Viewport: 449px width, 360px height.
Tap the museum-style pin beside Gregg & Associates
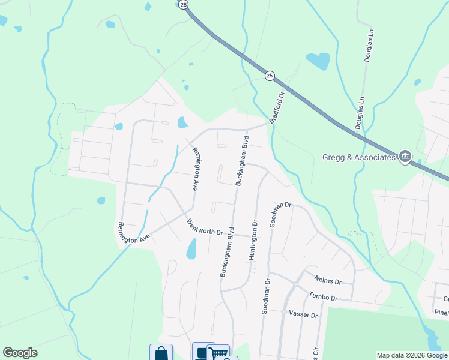point(405,157)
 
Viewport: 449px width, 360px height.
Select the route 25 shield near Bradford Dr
point(270,75)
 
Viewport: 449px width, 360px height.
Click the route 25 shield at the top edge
point(184,4)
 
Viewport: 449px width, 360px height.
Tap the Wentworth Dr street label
point(205,227)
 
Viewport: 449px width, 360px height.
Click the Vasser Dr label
point(303,313)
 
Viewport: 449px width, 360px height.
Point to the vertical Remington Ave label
point(194,169)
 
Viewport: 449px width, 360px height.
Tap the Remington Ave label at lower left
point(134,232)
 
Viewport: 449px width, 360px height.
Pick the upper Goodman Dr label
point(280,214)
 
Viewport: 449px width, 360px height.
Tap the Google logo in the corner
point(20,353)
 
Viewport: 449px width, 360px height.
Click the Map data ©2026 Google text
point(412,355)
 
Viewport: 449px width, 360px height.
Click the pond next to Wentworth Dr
point(191,248)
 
